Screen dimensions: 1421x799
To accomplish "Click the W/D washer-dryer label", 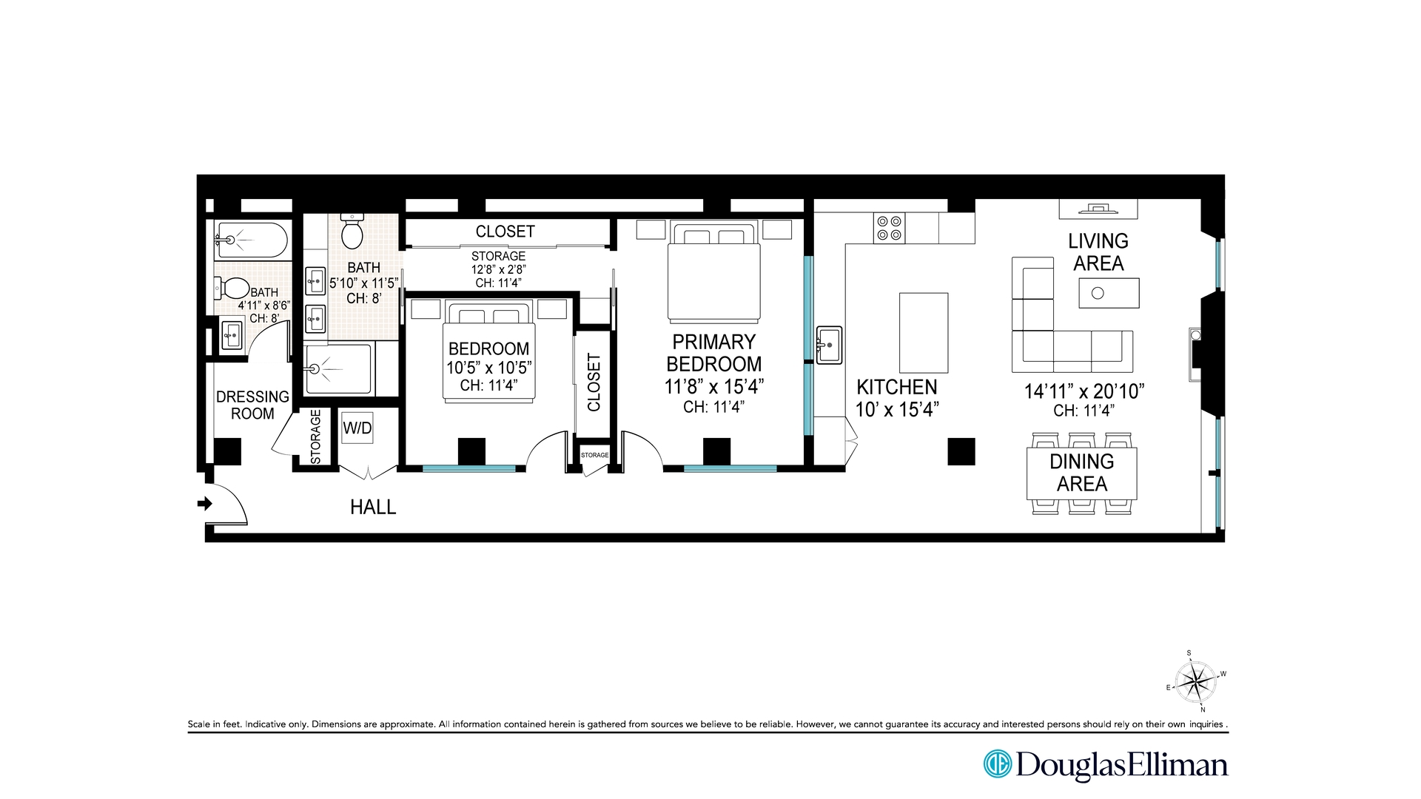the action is coord(357,428).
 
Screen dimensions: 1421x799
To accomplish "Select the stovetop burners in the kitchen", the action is coord(888,228).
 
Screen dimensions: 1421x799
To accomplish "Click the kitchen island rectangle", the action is coord(924,333).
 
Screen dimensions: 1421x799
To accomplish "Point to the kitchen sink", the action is coord(829,344).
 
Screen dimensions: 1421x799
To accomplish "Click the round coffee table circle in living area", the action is coord(1098,293).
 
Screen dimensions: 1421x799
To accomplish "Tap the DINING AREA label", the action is coord(1082,473).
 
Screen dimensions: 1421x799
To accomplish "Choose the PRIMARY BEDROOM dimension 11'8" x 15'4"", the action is coord(713,386).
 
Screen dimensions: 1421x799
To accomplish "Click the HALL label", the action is coord(373,507).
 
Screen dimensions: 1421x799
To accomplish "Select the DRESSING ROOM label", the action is coord(252,405).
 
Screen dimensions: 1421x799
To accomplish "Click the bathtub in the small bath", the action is coord(250,240).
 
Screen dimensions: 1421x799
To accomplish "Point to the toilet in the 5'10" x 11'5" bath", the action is coord(352,230).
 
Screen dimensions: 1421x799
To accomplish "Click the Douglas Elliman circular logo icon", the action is coord(997,764).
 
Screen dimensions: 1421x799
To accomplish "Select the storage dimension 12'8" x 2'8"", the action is coord(499,269).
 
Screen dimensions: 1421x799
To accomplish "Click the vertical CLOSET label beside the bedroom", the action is coord(594,382).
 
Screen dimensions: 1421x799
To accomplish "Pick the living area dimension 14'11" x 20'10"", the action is coord(1084,391).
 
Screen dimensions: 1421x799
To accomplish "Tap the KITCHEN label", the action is coord(897,387).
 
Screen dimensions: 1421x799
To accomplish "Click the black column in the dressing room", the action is coord(228,451).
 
